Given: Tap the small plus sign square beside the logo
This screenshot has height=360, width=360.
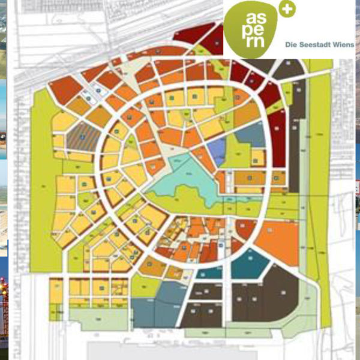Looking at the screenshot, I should [x=287, y=10].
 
